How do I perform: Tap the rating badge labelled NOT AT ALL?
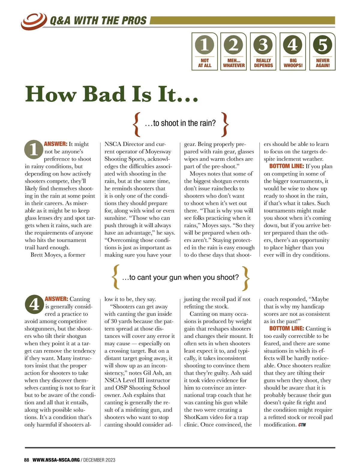coord(205,52)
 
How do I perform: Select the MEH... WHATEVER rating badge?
coord(234,52)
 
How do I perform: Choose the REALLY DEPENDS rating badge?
coord(263,52)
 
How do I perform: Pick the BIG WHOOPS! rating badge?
coord(293,52)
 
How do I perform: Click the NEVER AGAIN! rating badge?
coord(322,52)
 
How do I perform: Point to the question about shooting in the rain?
coord(180,123)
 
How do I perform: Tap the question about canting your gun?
coord(180,277)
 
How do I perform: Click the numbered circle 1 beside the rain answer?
coord(34,149)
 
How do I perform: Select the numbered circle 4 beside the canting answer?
coord(34,304)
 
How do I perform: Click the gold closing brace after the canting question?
coord(246,278)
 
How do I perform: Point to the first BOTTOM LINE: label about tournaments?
coord(286,166)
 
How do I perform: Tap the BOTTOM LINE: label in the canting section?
coord(286,329)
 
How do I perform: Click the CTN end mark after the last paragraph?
coord(302,425)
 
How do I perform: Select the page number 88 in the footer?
coord(27,460)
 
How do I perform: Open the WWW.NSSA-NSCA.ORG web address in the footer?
coord(56,460)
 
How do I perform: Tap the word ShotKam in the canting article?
coord(195,417)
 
